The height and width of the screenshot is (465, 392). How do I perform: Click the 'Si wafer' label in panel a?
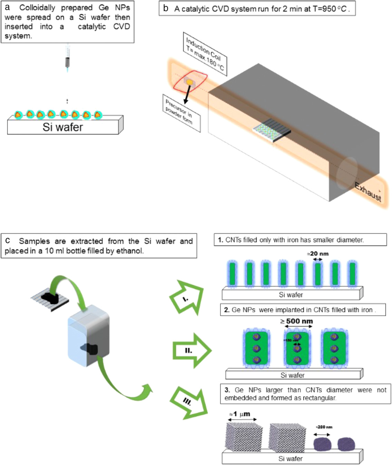(x=63, y=127)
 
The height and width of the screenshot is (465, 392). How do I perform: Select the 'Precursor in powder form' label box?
(x=181, y=113)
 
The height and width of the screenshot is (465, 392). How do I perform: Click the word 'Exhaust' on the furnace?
(x=369, y=192)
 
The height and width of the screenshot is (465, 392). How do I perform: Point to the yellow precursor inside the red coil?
(x=189, y=82)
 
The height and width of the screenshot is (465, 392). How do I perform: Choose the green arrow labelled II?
(x=191, y=351)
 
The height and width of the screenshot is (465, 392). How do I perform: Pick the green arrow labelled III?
(x=189, y=402)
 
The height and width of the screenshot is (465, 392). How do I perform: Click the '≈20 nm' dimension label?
(x=317, y=254)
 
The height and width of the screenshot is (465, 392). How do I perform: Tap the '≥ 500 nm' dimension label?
(x=297, y=321)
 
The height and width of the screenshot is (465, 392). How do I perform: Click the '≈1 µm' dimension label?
(x=240, y=414)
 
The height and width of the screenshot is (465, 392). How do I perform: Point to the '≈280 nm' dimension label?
(x=324, y=427)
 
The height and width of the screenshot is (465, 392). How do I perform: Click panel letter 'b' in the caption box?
(x=166, y=8)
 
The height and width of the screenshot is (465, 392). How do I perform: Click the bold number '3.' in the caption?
(x=227, y=390)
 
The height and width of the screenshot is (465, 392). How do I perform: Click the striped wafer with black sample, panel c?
(x=50, y=298)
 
